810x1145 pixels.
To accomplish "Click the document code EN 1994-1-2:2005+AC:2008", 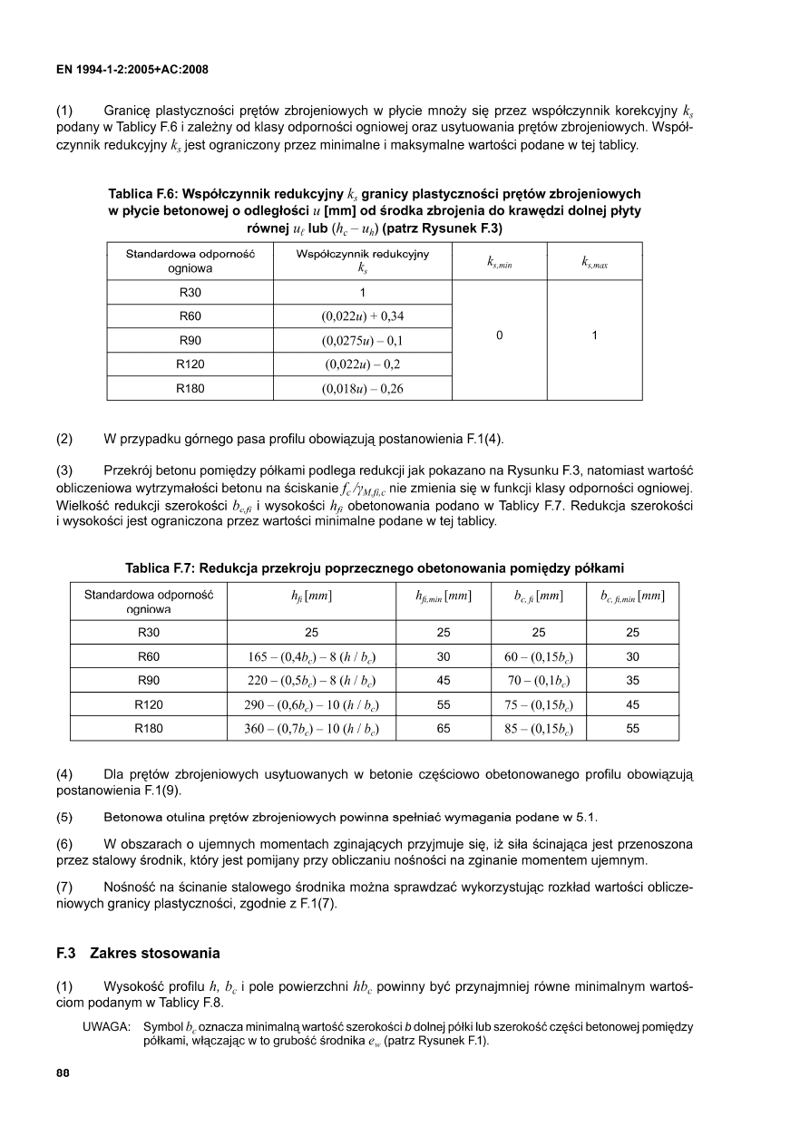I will tap(132, 69).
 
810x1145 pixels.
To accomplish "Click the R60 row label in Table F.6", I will tap(190, 316).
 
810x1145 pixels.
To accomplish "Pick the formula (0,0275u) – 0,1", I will tap(362, 341).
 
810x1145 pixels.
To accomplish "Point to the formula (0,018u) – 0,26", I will tap(362, 389).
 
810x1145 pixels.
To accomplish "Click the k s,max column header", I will tap(594, 262).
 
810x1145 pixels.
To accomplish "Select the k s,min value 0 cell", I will tap(499, 335).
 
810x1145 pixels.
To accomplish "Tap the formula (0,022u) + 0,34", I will tap(362, 316).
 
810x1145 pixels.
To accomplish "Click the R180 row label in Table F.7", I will tap(148, 728).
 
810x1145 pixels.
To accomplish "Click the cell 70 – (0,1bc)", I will tap(539, 681).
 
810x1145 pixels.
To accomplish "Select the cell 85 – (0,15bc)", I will tap(539, 728).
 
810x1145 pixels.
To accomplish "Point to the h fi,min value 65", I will tap(444, 728).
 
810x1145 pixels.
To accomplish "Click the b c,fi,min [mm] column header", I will tap(632, 597).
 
